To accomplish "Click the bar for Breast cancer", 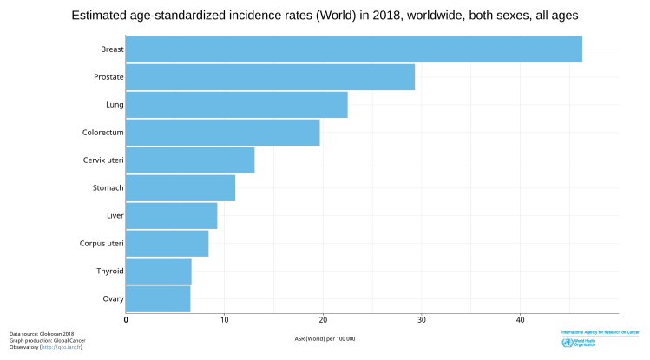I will click(353, 49).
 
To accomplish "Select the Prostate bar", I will click(270, 77).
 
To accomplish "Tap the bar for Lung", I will click(236, 105).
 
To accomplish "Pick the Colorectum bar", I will click(222, 133).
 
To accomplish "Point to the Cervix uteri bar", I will click(190, 160).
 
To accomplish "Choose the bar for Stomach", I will click(181, 188).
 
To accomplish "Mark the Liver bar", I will click(171, 216).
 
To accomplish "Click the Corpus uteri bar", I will click(167, 244).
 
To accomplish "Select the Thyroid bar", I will click(158, 272).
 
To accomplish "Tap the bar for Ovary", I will click(158, 299).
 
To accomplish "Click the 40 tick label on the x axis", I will click(520, 320).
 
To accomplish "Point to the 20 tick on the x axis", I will click(323, 320).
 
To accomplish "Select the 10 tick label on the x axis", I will click(224, 320).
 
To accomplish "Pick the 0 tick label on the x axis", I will click(126, 320).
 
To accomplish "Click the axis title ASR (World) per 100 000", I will click(325, 337).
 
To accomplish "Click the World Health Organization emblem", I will click(568, 344).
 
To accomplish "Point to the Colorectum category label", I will click(102, 133).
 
